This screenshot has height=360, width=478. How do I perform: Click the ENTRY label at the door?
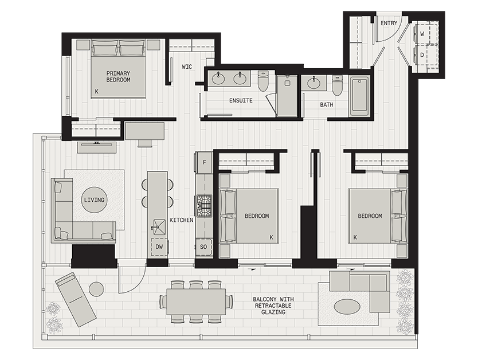[389, 23]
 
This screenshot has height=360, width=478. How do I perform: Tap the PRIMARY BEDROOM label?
[118, 77]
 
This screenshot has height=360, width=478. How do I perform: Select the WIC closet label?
[187, 67]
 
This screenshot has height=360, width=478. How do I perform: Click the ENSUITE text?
[241, 100]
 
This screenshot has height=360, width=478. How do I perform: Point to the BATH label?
[327, 105]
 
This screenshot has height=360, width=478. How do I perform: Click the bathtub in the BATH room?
[359, 96]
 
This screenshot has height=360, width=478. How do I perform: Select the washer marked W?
[422, 34]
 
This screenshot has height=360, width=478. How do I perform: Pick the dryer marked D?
[422, 55]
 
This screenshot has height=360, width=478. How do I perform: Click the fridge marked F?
[203, 162]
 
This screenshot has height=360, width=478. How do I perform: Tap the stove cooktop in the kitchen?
[204, 205]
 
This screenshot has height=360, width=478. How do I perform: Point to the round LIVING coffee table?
[94, 200]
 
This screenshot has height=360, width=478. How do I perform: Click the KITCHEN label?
[181, 220]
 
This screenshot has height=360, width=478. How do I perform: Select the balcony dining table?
[196, 302]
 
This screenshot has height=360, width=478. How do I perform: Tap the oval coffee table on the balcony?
[347, 307]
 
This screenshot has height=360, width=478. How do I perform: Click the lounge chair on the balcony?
[75, 299]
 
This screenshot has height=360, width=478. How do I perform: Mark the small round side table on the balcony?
[96, 289]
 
